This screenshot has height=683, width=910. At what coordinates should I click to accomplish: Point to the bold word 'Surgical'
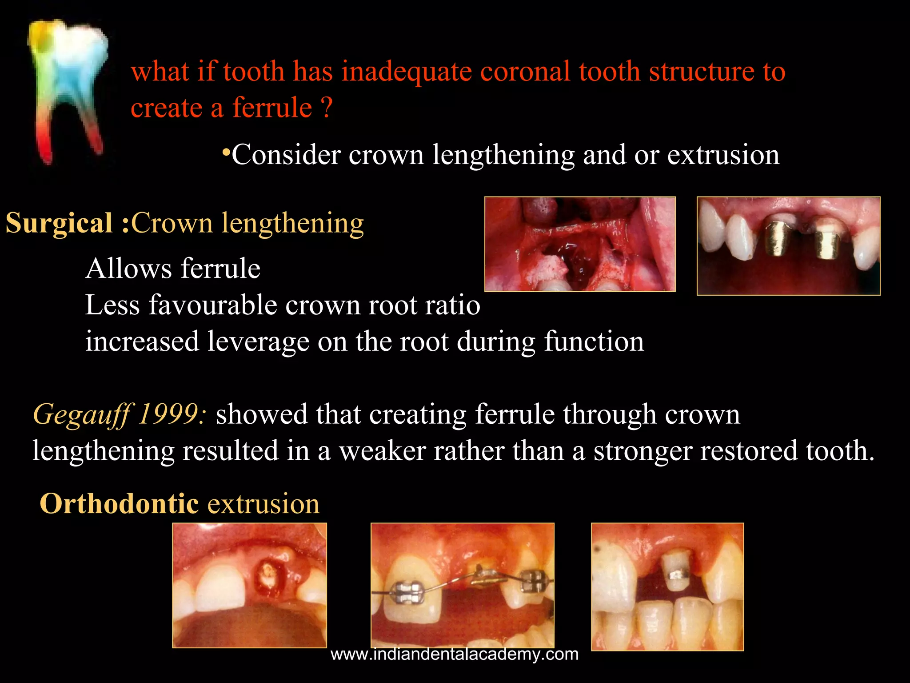59,223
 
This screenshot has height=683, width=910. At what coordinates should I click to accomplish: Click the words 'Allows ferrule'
173,269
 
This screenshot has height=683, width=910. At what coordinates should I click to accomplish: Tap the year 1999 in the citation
172,414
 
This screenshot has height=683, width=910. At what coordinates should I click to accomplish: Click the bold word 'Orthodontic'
119,504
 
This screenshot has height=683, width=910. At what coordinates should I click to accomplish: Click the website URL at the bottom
455,654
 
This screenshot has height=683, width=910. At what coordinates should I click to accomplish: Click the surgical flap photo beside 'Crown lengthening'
580,244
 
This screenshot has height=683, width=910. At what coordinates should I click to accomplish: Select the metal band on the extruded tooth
677,576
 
